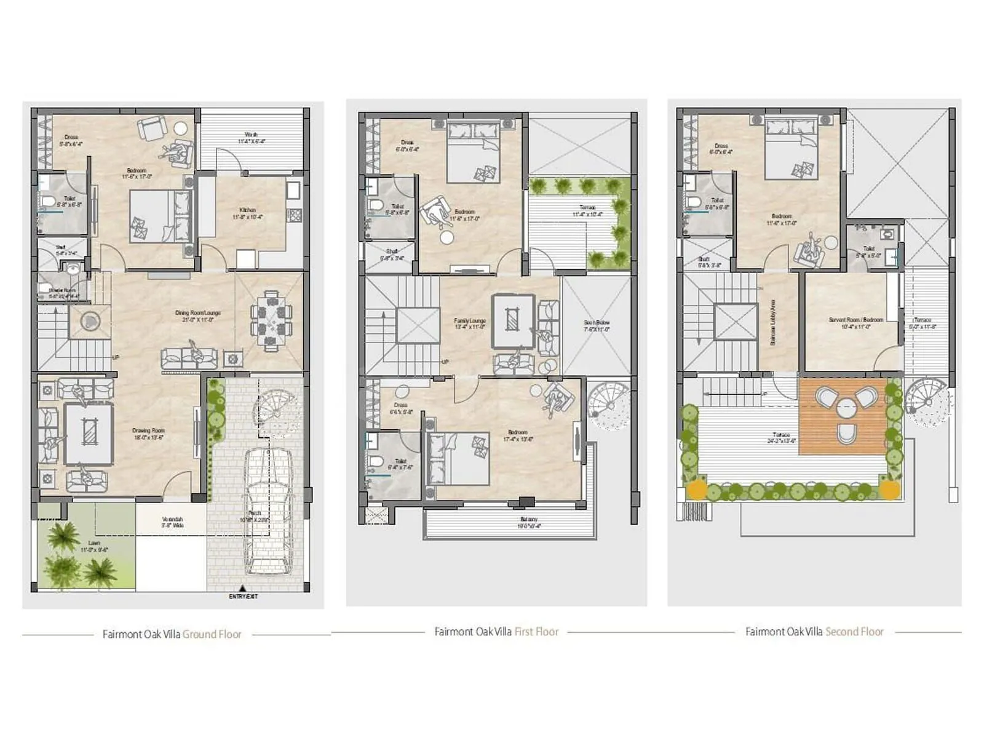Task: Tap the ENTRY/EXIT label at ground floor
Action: point(244,597)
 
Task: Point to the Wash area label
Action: point(251,138)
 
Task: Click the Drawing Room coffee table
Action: point(89,434)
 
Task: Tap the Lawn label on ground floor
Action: point(93,546)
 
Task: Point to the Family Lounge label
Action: point(470,323)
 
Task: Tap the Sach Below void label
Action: point(597,325)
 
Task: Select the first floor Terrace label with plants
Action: point(587,211)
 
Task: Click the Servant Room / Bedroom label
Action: point(855,323)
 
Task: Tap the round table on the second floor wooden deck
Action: point(846,408)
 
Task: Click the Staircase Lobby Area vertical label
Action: point(773,322)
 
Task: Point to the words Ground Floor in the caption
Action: point(212,634)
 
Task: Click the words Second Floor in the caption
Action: point(854,632)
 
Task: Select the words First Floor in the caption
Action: point(536,632)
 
